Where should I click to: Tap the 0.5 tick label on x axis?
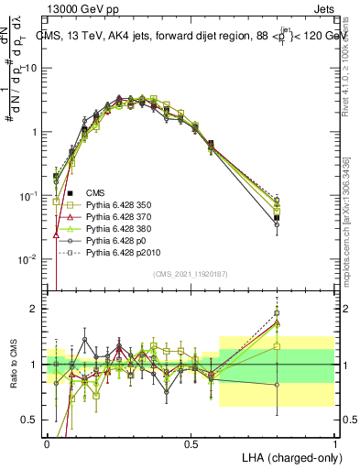click(x=191, y=442)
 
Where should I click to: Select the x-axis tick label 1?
click(x=335, y=442)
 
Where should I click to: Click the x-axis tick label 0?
click(x=48, y=442)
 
